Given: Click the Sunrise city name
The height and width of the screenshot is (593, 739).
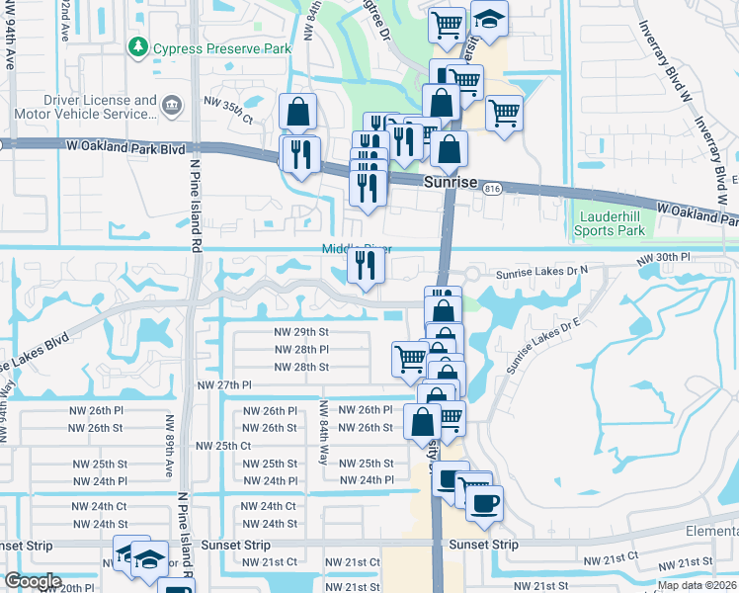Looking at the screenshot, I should [451, 184].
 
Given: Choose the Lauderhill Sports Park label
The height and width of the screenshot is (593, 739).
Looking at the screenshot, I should [610, 223].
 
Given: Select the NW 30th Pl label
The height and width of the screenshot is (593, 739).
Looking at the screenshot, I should [663, 259].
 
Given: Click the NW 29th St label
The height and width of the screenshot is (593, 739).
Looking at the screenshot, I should [301, 332].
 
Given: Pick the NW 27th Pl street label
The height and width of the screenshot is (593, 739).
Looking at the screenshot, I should [224, 385].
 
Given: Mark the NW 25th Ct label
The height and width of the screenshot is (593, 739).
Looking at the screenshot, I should [223, 446].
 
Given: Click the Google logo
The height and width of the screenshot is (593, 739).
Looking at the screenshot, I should [33, 581].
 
